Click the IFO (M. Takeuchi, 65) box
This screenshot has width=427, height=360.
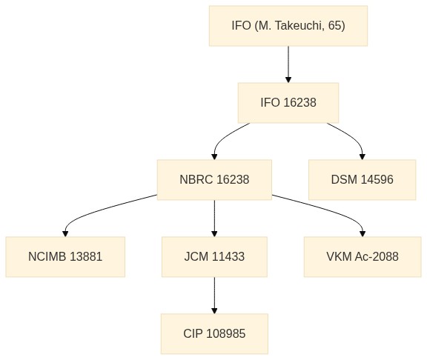coord(288,26)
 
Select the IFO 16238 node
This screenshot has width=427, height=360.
coord(288,103)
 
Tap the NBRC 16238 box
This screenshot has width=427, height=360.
coord(214,180)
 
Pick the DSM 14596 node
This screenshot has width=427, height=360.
coord(363,180)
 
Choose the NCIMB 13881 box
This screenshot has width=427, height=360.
coord(65,257)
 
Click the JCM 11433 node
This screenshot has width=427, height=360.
coord(214,257)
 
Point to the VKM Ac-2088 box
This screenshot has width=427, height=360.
coord(363,257)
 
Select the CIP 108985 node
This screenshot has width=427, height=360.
coord(214,334)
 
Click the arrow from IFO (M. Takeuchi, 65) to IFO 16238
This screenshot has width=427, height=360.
coord(288,64)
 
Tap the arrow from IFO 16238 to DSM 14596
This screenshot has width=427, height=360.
coord(352,137)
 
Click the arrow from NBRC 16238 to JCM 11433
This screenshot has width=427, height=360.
coord(214,219)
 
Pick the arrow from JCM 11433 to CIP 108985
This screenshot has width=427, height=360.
coord(214,296)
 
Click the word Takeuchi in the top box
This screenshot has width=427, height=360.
coord(299,26)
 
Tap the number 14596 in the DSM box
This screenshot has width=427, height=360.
coord(377,179)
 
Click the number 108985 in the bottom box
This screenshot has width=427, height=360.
coord(226,333)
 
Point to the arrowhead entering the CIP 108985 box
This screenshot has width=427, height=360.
coord(214,311)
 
